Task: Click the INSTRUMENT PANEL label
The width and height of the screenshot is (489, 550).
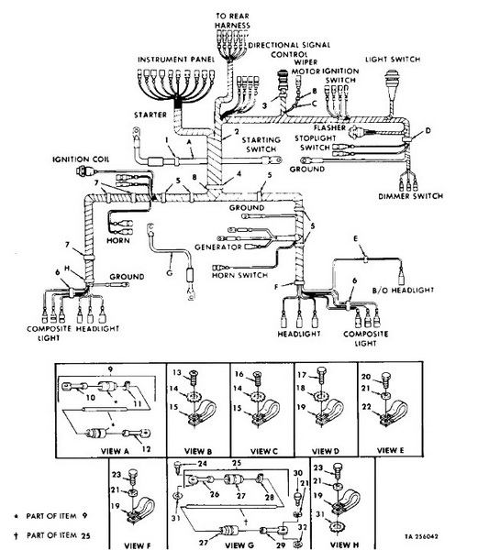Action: tap(176, 60)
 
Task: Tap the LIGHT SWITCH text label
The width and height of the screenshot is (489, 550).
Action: tap(393, 60)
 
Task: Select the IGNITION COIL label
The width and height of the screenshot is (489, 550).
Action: tap(81, 159)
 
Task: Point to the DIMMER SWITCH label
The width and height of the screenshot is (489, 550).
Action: tap(410, 196)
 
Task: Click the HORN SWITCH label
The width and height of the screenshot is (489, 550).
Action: tap(239, 275)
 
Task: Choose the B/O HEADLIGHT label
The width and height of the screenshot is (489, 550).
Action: tap(403, 290)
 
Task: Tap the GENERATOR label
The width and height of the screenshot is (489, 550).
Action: tap(218, 247)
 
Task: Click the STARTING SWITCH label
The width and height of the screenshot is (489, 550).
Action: tap(261, 145)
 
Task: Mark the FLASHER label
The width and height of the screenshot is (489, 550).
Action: tap(329, 127)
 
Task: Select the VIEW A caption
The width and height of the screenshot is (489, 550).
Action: tap(115, 451)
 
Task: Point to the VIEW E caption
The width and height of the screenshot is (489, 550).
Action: tap(390, 450)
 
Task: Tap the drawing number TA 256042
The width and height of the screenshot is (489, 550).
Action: tap(421, 536)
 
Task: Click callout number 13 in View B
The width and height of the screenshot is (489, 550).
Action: tap(177, 372)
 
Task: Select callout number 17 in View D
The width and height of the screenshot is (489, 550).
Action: tap(302, 375)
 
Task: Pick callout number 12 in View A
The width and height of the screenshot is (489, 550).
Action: tap(147, 449)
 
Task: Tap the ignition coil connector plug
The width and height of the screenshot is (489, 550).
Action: tap(84, 171)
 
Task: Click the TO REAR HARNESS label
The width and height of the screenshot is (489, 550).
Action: tap(232, 21)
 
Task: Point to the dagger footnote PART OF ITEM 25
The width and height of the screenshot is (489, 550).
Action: tap(51, 535)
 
